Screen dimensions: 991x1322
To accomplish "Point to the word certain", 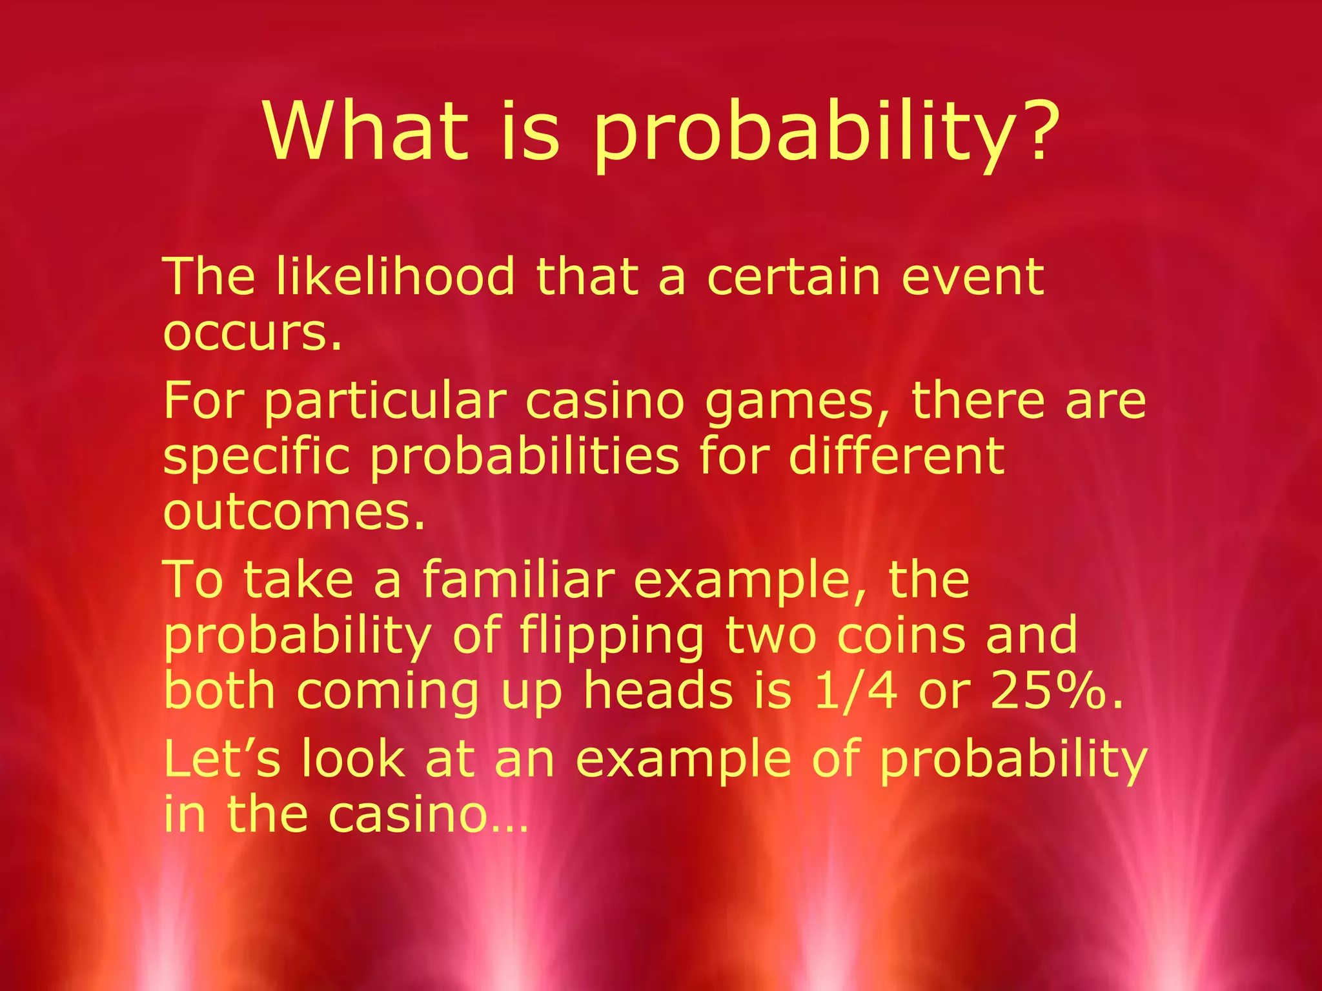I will click(794, 277).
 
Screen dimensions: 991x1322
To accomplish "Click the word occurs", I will click(252, 334).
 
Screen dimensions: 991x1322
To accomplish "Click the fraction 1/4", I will click(855, 690).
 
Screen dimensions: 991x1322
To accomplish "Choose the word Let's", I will click(222, 759).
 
